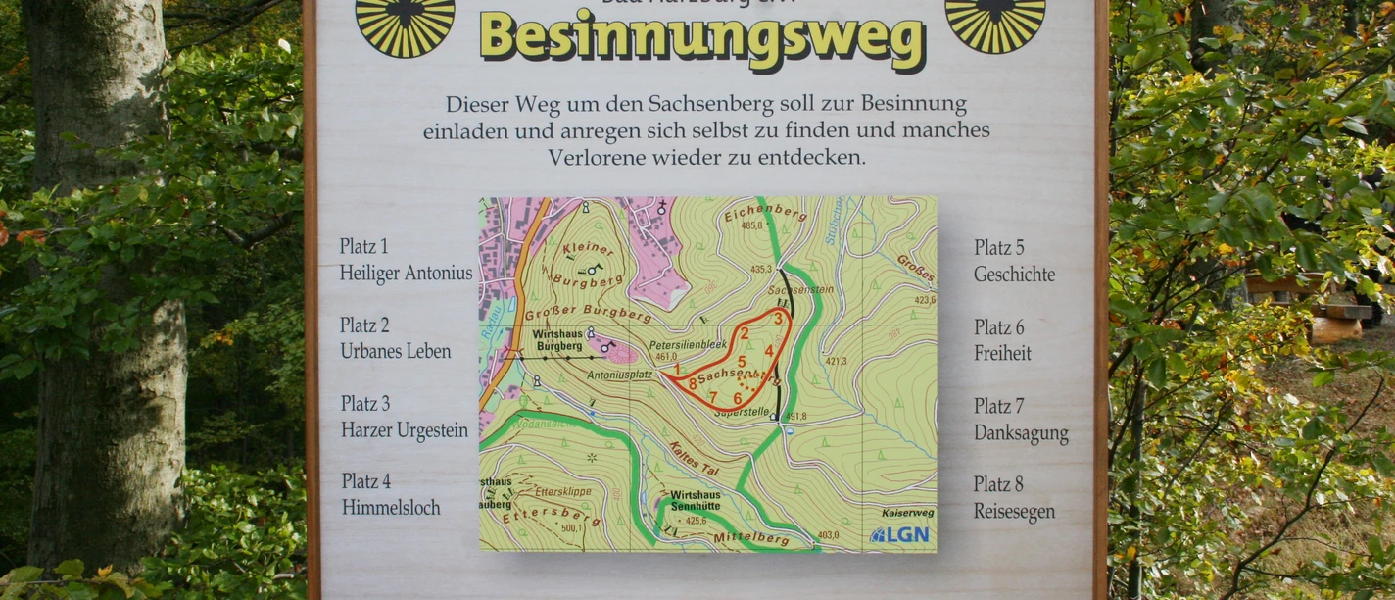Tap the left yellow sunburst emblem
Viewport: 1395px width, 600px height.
[x=405, y=22]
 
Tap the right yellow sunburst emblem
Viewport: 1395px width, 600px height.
[x=994, y=22]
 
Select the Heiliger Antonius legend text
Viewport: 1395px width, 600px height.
[x=406, y=274]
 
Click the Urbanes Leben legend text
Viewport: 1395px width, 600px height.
[x=396, y=351]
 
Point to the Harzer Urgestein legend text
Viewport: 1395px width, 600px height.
[x=405, y=429]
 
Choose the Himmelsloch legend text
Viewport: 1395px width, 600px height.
[x=391, y=508]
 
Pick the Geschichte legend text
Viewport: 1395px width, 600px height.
[x=1014, y=275]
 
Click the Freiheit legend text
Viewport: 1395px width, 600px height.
[x=1002, y=353]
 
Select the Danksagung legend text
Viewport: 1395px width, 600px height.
[x=1021, y=432]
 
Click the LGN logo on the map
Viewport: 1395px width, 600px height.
[x=899, y=535]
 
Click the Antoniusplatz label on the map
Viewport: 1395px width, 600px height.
[x=620, y=375]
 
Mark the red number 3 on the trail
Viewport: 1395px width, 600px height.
[x=778, y=318]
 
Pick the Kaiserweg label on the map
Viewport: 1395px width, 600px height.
[x=907, y=513]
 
